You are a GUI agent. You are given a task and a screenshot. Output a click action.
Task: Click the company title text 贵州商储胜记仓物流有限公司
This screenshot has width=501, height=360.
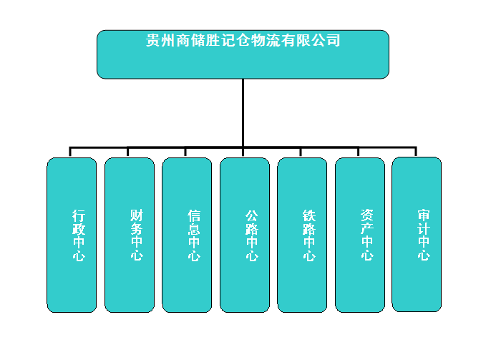pyautogui.click(x=243, y=41)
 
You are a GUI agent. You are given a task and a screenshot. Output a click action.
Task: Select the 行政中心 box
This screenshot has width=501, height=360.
pyautogui.click(x=72, y=235)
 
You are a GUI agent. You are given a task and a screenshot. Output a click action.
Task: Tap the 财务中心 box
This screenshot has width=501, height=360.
pyautogui.click(x=130, y=235)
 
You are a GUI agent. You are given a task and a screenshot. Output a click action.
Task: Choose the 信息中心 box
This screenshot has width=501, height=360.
pyautogui.click(x=187, y=235)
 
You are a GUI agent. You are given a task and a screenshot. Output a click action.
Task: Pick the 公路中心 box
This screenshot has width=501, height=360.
pyautogui.click(x=245, y=235)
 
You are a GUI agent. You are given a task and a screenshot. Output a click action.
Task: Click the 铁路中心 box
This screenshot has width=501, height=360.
pyautogui.click(x=302, y=235)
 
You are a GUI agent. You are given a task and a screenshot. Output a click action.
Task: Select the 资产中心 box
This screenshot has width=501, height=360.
pyautogui.click(x=360, y=235)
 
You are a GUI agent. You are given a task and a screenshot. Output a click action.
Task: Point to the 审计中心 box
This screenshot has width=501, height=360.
pyautogui.click(x=417, y=234)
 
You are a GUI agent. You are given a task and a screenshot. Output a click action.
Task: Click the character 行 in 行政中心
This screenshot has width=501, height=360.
pyautogui.click(x=79, y=215)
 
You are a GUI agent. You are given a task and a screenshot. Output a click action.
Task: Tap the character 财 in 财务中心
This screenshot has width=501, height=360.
pyautogui.click(x=137, y=215)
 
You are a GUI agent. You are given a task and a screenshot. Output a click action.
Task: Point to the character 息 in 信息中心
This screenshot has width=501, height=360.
pyautogui.click(x=194, y=229)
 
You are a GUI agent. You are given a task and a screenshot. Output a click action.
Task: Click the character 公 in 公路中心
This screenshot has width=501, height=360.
pyautogui.click(x=252, y=215)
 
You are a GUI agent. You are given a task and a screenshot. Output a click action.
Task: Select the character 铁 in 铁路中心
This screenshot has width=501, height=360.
pyautogui.click(x=309, y=215)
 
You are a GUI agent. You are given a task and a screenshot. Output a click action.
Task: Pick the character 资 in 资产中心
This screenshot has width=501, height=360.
pyautogui.click(x=366, y=215)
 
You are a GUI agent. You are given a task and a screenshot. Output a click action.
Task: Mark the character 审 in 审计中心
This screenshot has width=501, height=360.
pyautogui.click(x=424, y=215)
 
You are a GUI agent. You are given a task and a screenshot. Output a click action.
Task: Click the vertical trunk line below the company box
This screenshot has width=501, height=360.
pyautogui.click(x=243, y=113)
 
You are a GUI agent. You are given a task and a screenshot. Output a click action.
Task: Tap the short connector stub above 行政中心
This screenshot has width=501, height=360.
pyautogui.click(x=70, y=152)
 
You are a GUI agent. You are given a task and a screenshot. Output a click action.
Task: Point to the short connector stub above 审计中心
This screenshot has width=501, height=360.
pyautogui.click(x=416, y=152)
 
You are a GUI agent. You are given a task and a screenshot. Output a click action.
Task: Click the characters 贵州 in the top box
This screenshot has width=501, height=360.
pyautogui.click(x=160, y=41)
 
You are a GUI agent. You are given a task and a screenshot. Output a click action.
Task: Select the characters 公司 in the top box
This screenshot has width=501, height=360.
pyautogui.click(x=326, y=41)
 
